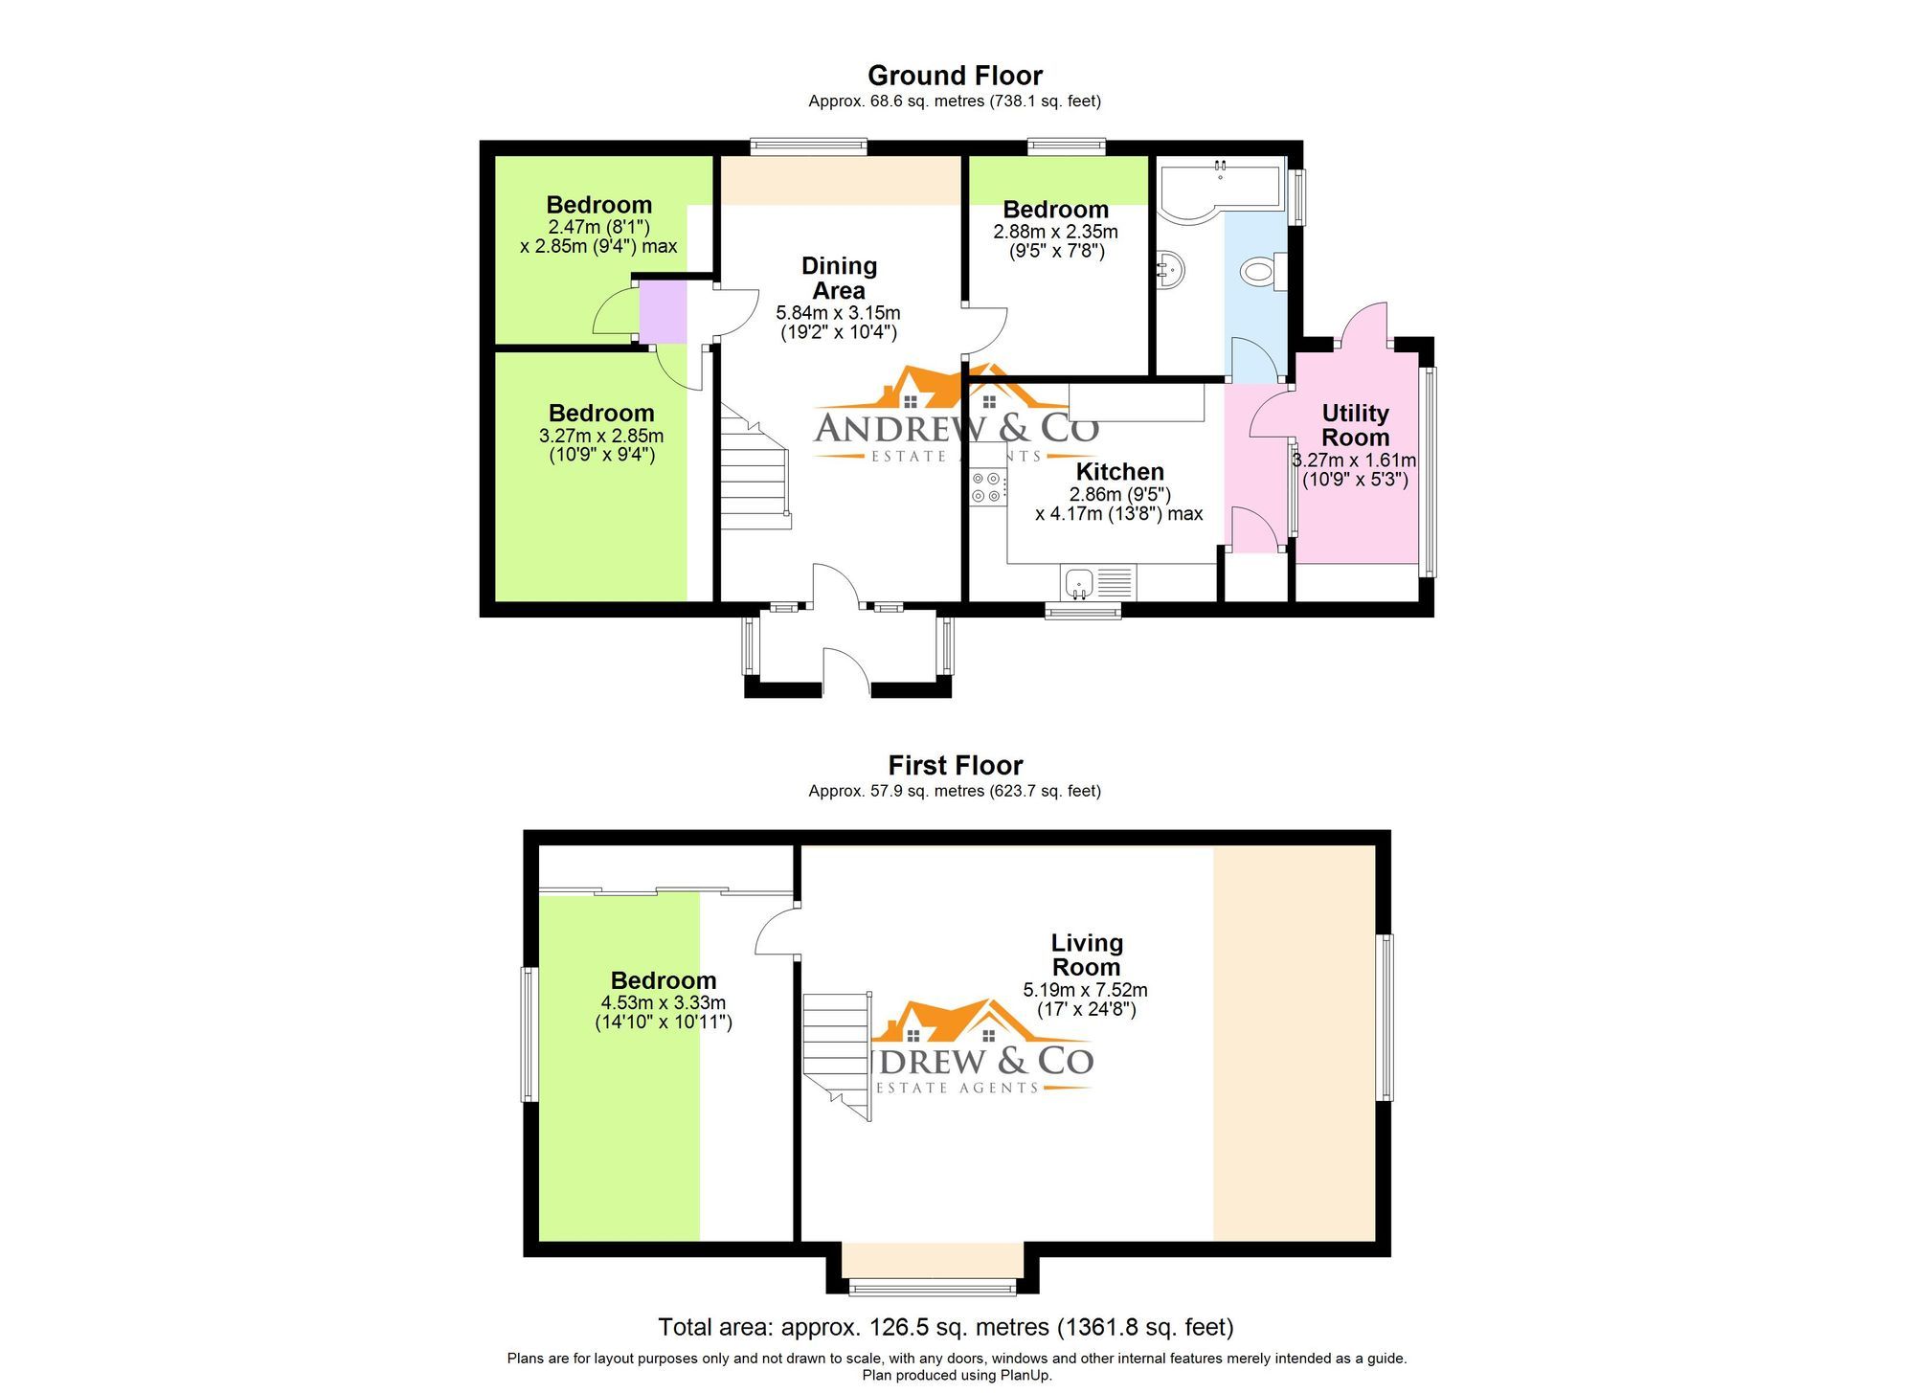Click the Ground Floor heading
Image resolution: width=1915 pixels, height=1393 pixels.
955,76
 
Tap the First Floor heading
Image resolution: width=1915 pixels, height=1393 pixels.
955,765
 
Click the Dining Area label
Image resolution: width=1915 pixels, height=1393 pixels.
839,278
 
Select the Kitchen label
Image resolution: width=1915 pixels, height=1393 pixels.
1119,471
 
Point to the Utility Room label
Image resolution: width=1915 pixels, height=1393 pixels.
1355,425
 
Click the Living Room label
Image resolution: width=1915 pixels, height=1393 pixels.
1086,955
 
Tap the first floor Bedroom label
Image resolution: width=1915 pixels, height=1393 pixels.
664,980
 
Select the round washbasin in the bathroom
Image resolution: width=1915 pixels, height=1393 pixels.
1170,269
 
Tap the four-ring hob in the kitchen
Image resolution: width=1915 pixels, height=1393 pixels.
987,486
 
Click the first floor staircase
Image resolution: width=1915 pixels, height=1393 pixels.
837,1053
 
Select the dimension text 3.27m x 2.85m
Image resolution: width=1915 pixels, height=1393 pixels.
601,436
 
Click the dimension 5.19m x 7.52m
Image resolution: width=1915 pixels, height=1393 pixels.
1085,990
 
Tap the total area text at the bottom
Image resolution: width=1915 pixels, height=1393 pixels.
945,1327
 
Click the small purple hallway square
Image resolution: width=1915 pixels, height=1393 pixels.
663,310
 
